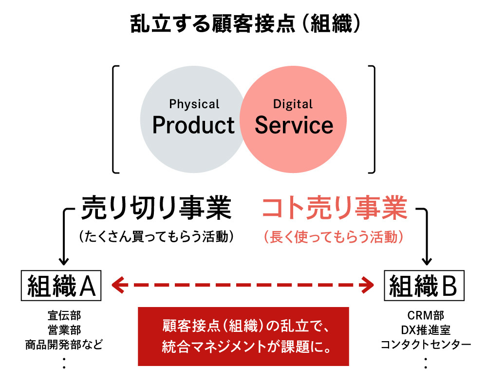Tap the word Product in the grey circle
(x=193, y=125)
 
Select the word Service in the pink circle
(x=294, y=125)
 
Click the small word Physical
(x=194, y=104)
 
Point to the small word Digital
(x=293, y=104)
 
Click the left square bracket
(x=115, y=119)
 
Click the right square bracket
(x=373, y=119)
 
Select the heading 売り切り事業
(x=155, y=209)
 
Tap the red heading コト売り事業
(x=334, y=209)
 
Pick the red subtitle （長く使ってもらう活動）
(x=334, y=237)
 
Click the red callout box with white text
(x=243, y=336)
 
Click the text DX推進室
(x=426, y=330)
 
